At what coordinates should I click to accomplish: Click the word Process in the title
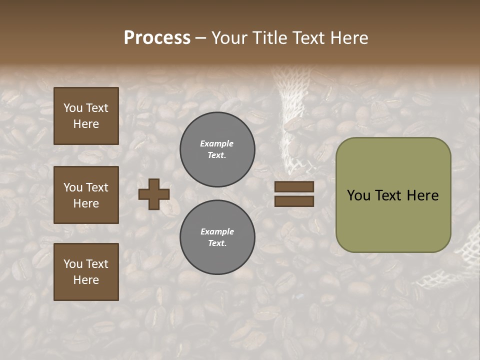pyautogui.click(x=157, y=38)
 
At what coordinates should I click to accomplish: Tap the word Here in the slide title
pyautogui.click(x=348, y=38)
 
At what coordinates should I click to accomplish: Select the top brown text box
pyautogui.click(x=86, y=116)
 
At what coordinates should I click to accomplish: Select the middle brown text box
pyautogui.click(x=86, y=195)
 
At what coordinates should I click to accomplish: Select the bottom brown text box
pyautogui.click(x=86, y=271)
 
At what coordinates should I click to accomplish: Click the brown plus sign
pyautogui.click(x=153, y=194)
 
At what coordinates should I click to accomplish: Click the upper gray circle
pyautogui.click(x=217, y=149)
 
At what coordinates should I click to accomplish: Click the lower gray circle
pyautogui.click(x=217, y=237)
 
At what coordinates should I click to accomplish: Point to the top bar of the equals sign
pyautogui.click(x=294, y=187)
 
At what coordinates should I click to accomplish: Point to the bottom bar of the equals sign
pyautogui.click(x=294, y=201)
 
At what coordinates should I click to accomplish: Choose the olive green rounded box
pyautogui.click(x=393, y=195)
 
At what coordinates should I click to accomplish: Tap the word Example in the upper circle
pyautogui.click(x=217, y=143)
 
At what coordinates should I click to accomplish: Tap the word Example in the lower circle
pyautogui.click(x=217, y=231)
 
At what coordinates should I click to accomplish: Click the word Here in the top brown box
pyautogui.click(x=86, y=124)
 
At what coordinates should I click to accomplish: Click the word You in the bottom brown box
pyautogui.click(x=73, y=263)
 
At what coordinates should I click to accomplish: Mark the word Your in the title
pyautogui.click(x=230, y=38)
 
